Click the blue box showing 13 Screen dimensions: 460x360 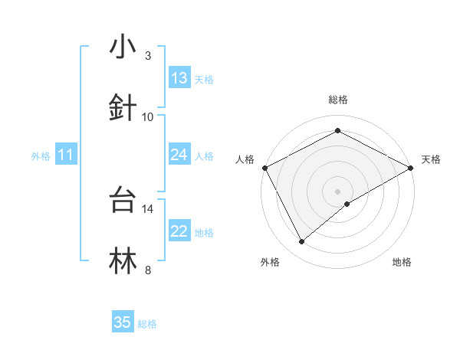coord(179,78)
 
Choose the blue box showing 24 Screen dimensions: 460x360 coord(179,155)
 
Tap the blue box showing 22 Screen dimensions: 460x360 coord(179,231)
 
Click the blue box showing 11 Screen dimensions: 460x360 coord(66,155)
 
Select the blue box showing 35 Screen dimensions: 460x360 coord(123,322)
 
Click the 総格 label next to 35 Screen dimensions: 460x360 coord(147,324)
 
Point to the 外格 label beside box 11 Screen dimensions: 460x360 coord(41,156)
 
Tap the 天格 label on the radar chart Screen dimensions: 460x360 coord(431,159)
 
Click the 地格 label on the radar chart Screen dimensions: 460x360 coord(402,262)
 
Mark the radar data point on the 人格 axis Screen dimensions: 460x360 coord(264,167)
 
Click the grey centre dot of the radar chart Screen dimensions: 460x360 coord(337,191)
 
